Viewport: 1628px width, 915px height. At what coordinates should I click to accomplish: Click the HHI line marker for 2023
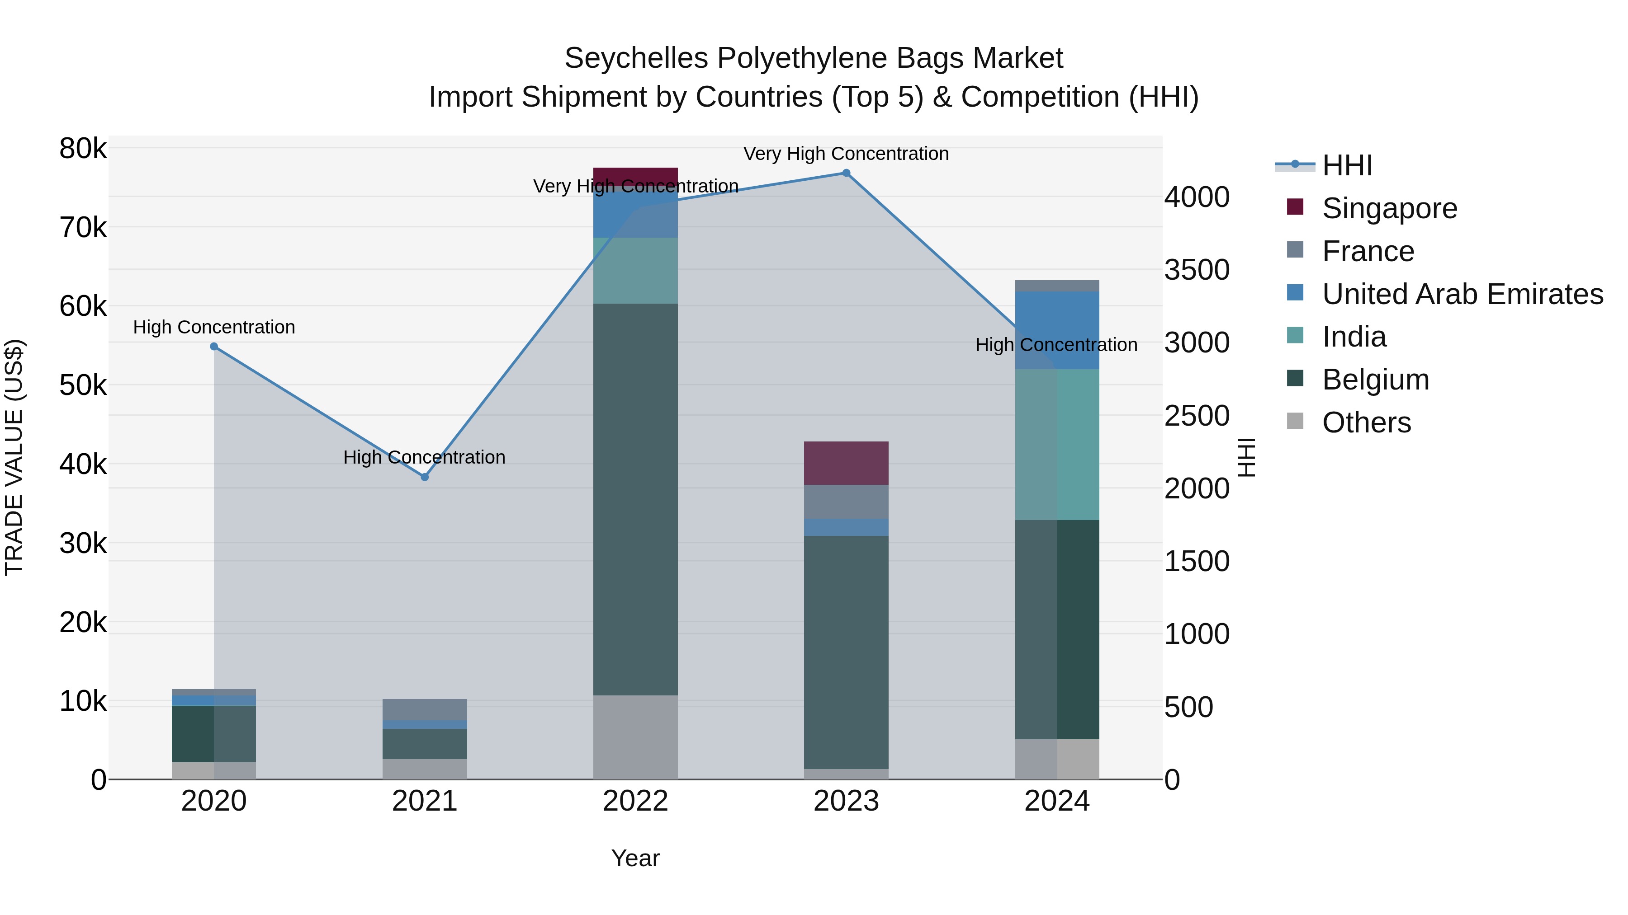pyautogui.click(x=846, y=173)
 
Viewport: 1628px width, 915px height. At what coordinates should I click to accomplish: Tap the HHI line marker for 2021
pyautogui.click(x=425, y=478)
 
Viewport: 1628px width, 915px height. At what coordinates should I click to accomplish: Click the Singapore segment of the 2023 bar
pyautogui.click(x=846, y=463)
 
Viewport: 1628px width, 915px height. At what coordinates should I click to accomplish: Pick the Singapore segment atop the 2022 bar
pyautogui.click(x=635, y=174)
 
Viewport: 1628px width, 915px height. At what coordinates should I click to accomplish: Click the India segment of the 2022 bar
pyautogui.click(x=635, y=270)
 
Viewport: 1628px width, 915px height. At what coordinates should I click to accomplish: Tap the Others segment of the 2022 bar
pyautogui.click(x=635, y=737)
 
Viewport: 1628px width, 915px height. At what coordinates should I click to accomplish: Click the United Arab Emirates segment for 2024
pyautogui.click(x=1057, y=330)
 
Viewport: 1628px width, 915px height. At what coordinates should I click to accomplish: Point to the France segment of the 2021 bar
pyautogui.click(x=425, y=709)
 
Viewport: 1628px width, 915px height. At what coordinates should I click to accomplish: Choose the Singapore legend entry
pyautogui.click(x=1389, y=208)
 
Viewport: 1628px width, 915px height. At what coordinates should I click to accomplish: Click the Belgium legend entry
pyautogui.click(x=1375, y=380)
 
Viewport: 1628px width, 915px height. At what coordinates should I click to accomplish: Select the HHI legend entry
pyautogui.click(x=1347, y=165)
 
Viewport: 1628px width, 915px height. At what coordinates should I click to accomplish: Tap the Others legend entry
pyautogui.click(x=1366, y=422)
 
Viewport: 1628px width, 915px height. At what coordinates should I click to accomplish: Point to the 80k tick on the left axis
pyautogui.click(x=83, y=149)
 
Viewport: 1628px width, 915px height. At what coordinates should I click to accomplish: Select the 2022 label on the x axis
pyautogui.click(x=635, y=801)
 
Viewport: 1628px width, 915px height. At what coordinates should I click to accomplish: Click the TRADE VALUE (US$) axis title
pyautogui.click(x=14, y=457)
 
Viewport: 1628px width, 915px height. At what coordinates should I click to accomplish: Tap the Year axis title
pyautogui.click(x=635, y=858)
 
